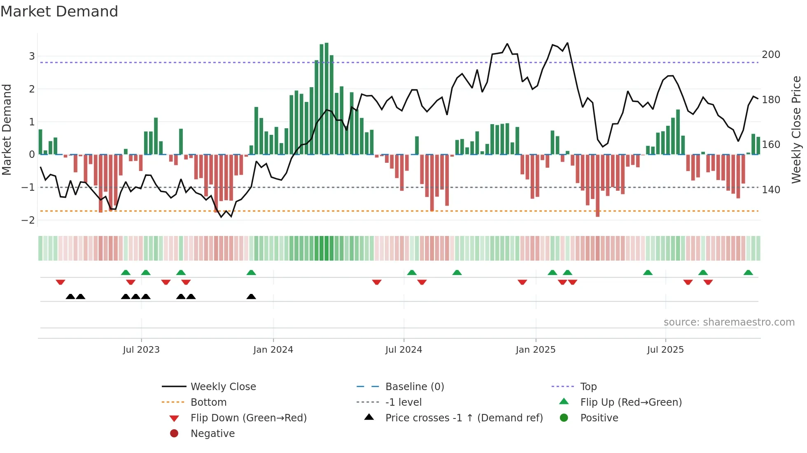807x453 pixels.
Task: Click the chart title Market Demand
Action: pyautogui.click(x=59, y=11)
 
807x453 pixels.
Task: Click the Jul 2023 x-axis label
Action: pyautogui.click(x=141, y=350)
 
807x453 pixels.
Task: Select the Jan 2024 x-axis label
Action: pyautogui.click(x=273, y=350)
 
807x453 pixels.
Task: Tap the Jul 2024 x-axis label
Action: pyautogui.click(x=403, y=350)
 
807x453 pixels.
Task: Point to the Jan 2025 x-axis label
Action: pyautogui.click(x=535, y=350)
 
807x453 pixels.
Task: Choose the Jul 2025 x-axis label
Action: pyautogui.click(x=665, y=350)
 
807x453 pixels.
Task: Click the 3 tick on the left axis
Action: pyautogui.click(x=32, y=56)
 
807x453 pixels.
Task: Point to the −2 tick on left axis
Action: pyautogui.click(x=28, y=220)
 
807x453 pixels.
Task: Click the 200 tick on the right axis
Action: pyautogui.click(x=771, y=55)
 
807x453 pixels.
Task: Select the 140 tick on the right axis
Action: pyautogui.click(x=771, y=190)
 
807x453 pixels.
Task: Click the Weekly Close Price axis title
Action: pyautogui.click(x=796, y=129)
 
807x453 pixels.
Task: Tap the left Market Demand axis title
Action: pyautogui.click(x=7, y=129)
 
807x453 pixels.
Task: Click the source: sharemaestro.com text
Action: pyautogui.click(x=729, y=322)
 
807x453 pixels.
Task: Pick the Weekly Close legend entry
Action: pyautogui.click(x=223, y=387)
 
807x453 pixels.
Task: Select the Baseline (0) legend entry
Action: pyautogui.click(x=414, y=387)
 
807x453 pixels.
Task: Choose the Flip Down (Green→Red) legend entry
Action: pyautogui.click(x=248, y=418)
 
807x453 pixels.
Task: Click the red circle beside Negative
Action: pyautogui.click(x=174, y=434)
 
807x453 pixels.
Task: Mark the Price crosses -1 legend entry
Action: pyautogui.click(x=464, y=418)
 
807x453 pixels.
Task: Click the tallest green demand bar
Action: pyautogui.click(x=327, y=99)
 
